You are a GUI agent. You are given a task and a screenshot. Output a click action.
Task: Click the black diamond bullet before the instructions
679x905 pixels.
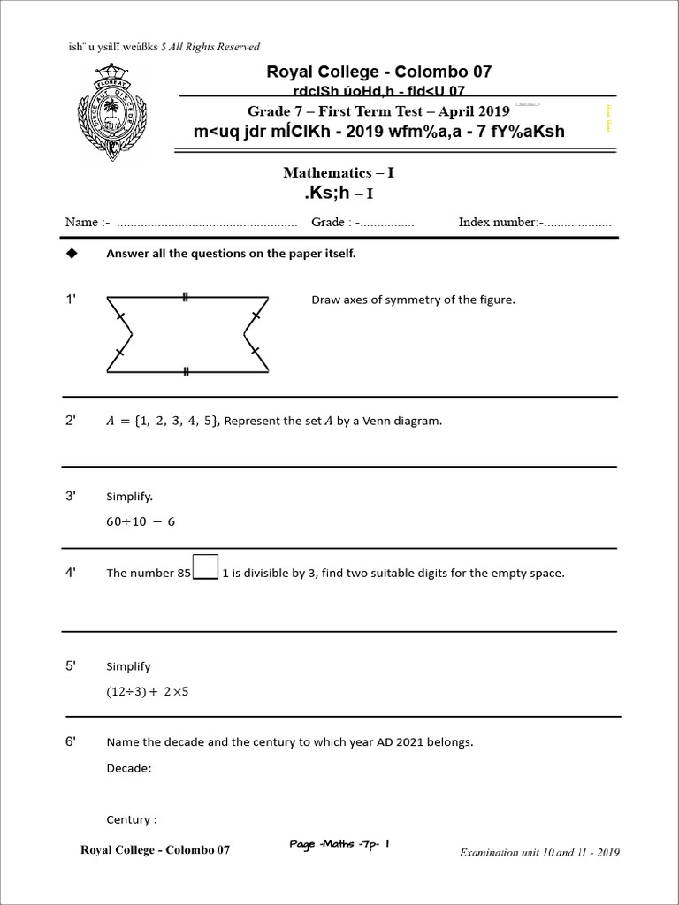tap(72, 253)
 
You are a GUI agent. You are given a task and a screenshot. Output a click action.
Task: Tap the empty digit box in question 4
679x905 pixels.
tap(205, 566)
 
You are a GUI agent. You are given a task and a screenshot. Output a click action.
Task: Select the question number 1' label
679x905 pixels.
tap(72, 300)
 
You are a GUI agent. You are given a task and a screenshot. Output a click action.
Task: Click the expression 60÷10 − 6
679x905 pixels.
tap(141, 521)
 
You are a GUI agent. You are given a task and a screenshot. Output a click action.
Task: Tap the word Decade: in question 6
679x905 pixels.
tap(129, 768)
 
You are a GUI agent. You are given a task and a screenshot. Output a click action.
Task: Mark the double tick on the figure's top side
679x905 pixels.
tap(186, 297)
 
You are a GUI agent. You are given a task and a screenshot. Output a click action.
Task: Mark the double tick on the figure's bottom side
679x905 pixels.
tap(186, 372)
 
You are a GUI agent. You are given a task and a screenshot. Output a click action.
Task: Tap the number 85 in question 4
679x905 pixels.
tap(183, 573)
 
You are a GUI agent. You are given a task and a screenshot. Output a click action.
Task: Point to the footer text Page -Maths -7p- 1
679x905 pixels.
tap(339, 844)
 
